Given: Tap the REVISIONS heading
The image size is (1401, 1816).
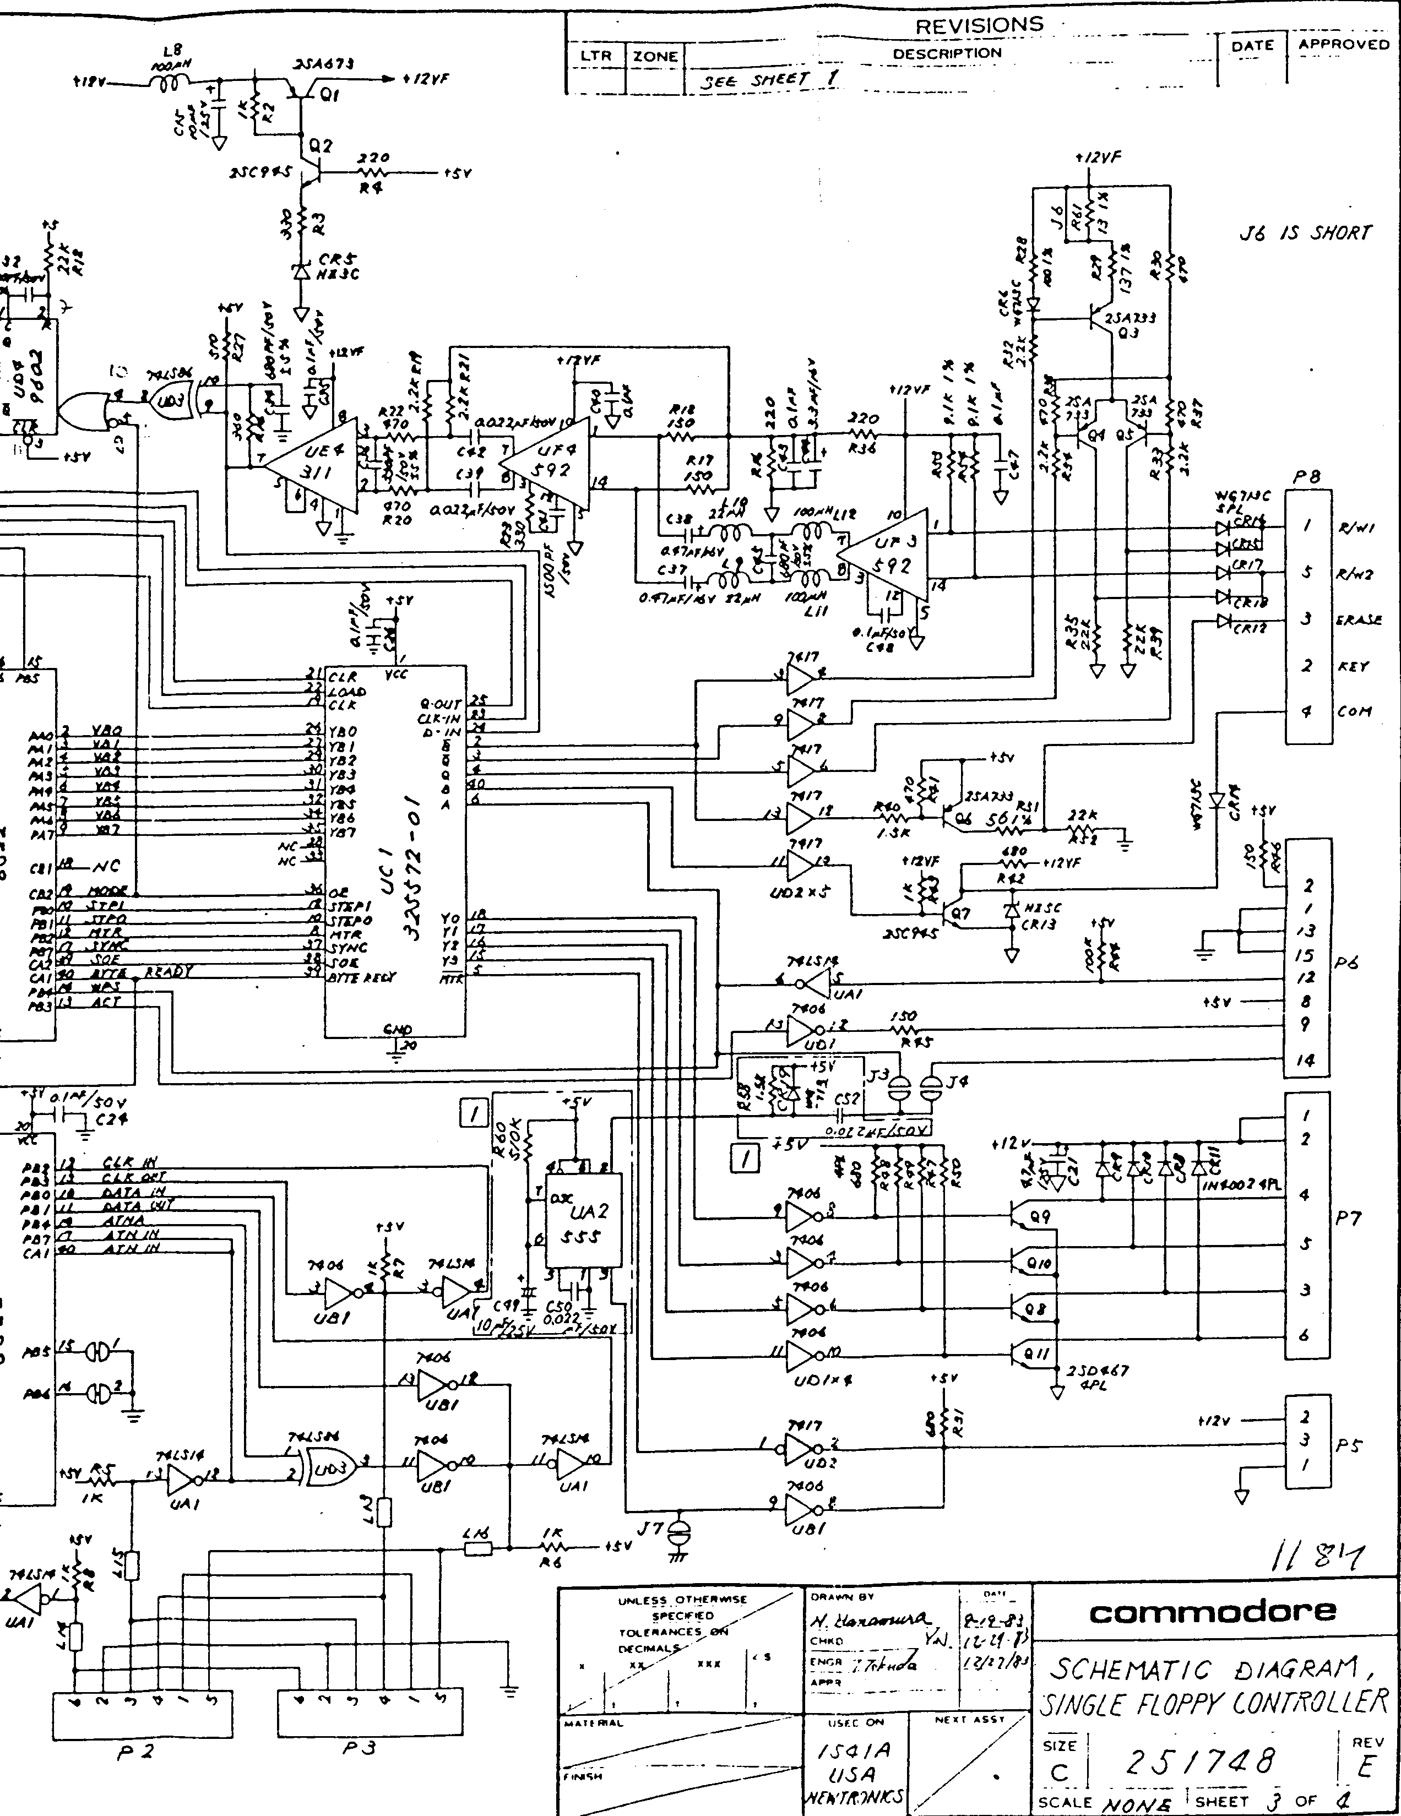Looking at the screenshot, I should click(979, 25).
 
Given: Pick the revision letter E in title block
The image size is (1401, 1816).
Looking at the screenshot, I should click(1367, 1767).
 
